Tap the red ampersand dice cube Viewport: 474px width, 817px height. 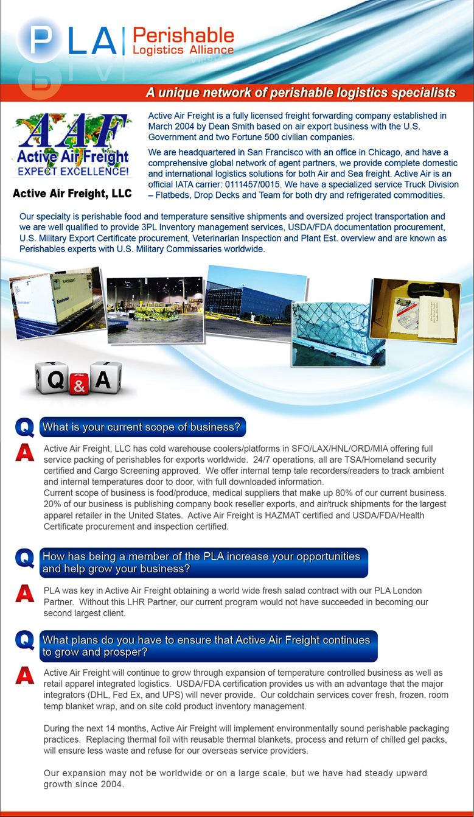click(80, 383)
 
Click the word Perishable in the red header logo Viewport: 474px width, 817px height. click(183, 35)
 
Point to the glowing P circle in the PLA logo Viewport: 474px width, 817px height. click(40, 38)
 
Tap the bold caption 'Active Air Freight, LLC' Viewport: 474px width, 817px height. click(71, 195)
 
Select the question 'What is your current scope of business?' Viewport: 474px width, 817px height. click(141, 427)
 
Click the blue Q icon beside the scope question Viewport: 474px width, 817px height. click(24, 427)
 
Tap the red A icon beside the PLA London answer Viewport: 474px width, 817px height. click(24, 593)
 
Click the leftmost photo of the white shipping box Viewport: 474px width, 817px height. click(55, 304)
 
